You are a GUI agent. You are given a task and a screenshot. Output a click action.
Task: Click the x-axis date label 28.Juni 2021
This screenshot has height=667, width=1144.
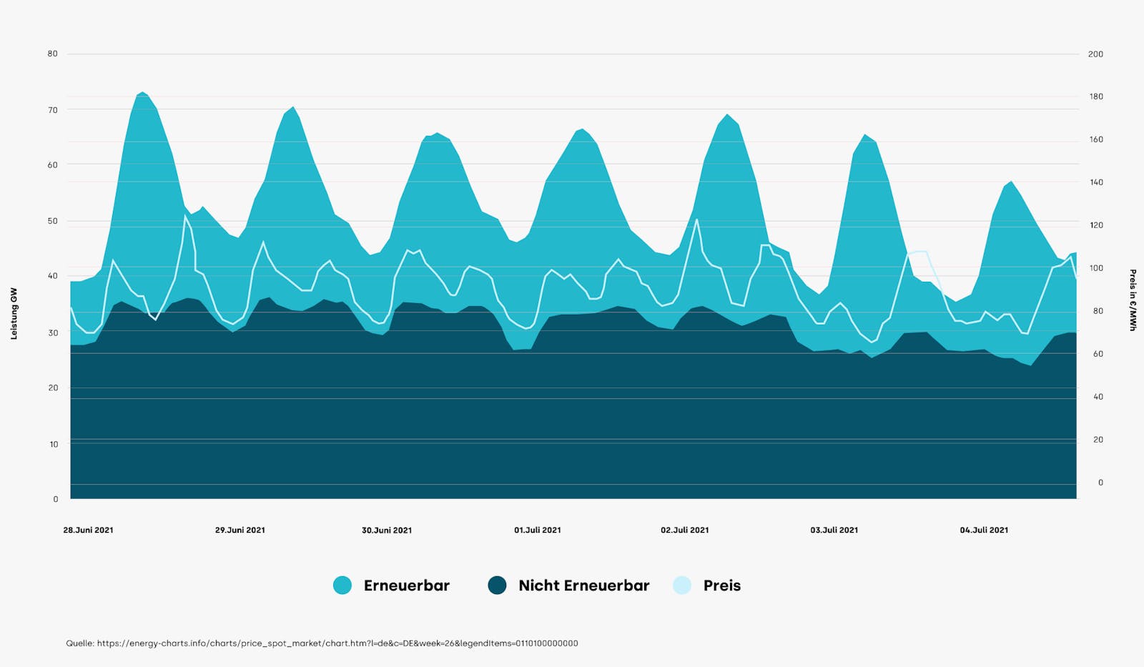tap(88, 530)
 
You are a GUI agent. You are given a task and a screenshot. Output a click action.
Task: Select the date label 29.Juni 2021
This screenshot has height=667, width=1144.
tap(240, 530)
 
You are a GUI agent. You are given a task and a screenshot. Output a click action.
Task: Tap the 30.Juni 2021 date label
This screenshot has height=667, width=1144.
tap(387, 530)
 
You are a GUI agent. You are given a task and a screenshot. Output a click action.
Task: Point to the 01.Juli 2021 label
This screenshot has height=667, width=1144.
tap(538, 530)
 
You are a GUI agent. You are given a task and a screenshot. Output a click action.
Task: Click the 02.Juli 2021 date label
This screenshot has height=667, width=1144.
tap(685, 530)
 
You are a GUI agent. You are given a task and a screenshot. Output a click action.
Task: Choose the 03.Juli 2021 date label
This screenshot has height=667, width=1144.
tap(834, 530)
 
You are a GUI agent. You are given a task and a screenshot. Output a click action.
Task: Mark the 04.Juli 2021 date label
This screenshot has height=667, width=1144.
tap(984, 530)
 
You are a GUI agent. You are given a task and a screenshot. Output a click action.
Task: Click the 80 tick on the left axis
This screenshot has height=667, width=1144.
tap(52, 54)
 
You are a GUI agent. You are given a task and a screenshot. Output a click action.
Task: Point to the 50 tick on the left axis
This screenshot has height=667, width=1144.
tap(52, 221)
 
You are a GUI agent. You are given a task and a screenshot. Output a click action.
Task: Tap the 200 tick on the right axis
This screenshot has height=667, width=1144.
tap(1095, 54)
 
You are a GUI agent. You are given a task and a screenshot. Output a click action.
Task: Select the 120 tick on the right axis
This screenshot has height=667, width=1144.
tap(1095, 225)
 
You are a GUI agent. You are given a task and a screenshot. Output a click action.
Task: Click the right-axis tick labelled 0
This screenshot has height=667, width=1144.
tap(1100, 483)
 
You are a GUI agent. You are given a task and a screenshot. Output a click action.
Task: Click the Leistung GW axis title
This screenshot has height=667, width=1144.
tap(14, 313)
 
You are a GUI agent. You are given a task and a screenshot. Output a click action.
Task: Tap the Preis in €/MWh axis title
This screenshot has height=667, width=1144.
tap(1133, 300)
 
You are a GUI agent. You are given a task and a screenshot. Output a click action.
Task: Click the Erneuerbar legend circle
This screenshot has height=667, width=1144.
tap(342, 586)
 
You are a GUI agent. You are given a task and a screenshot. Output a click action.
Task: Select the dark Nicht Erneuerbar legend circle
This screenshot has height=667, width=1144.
tap(497, 586)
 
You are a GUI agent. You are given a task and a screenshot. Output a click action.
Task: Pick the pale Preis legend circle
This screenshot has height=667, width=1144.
tap(682, 586)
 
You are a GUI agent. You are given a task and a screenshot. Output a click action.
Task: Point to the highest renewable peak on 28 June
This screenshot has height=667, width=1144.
tap(142, 93)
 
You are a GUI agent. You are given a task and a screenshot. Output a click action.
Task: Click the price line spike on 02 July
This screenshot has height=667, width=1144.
tap(696, 220)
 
